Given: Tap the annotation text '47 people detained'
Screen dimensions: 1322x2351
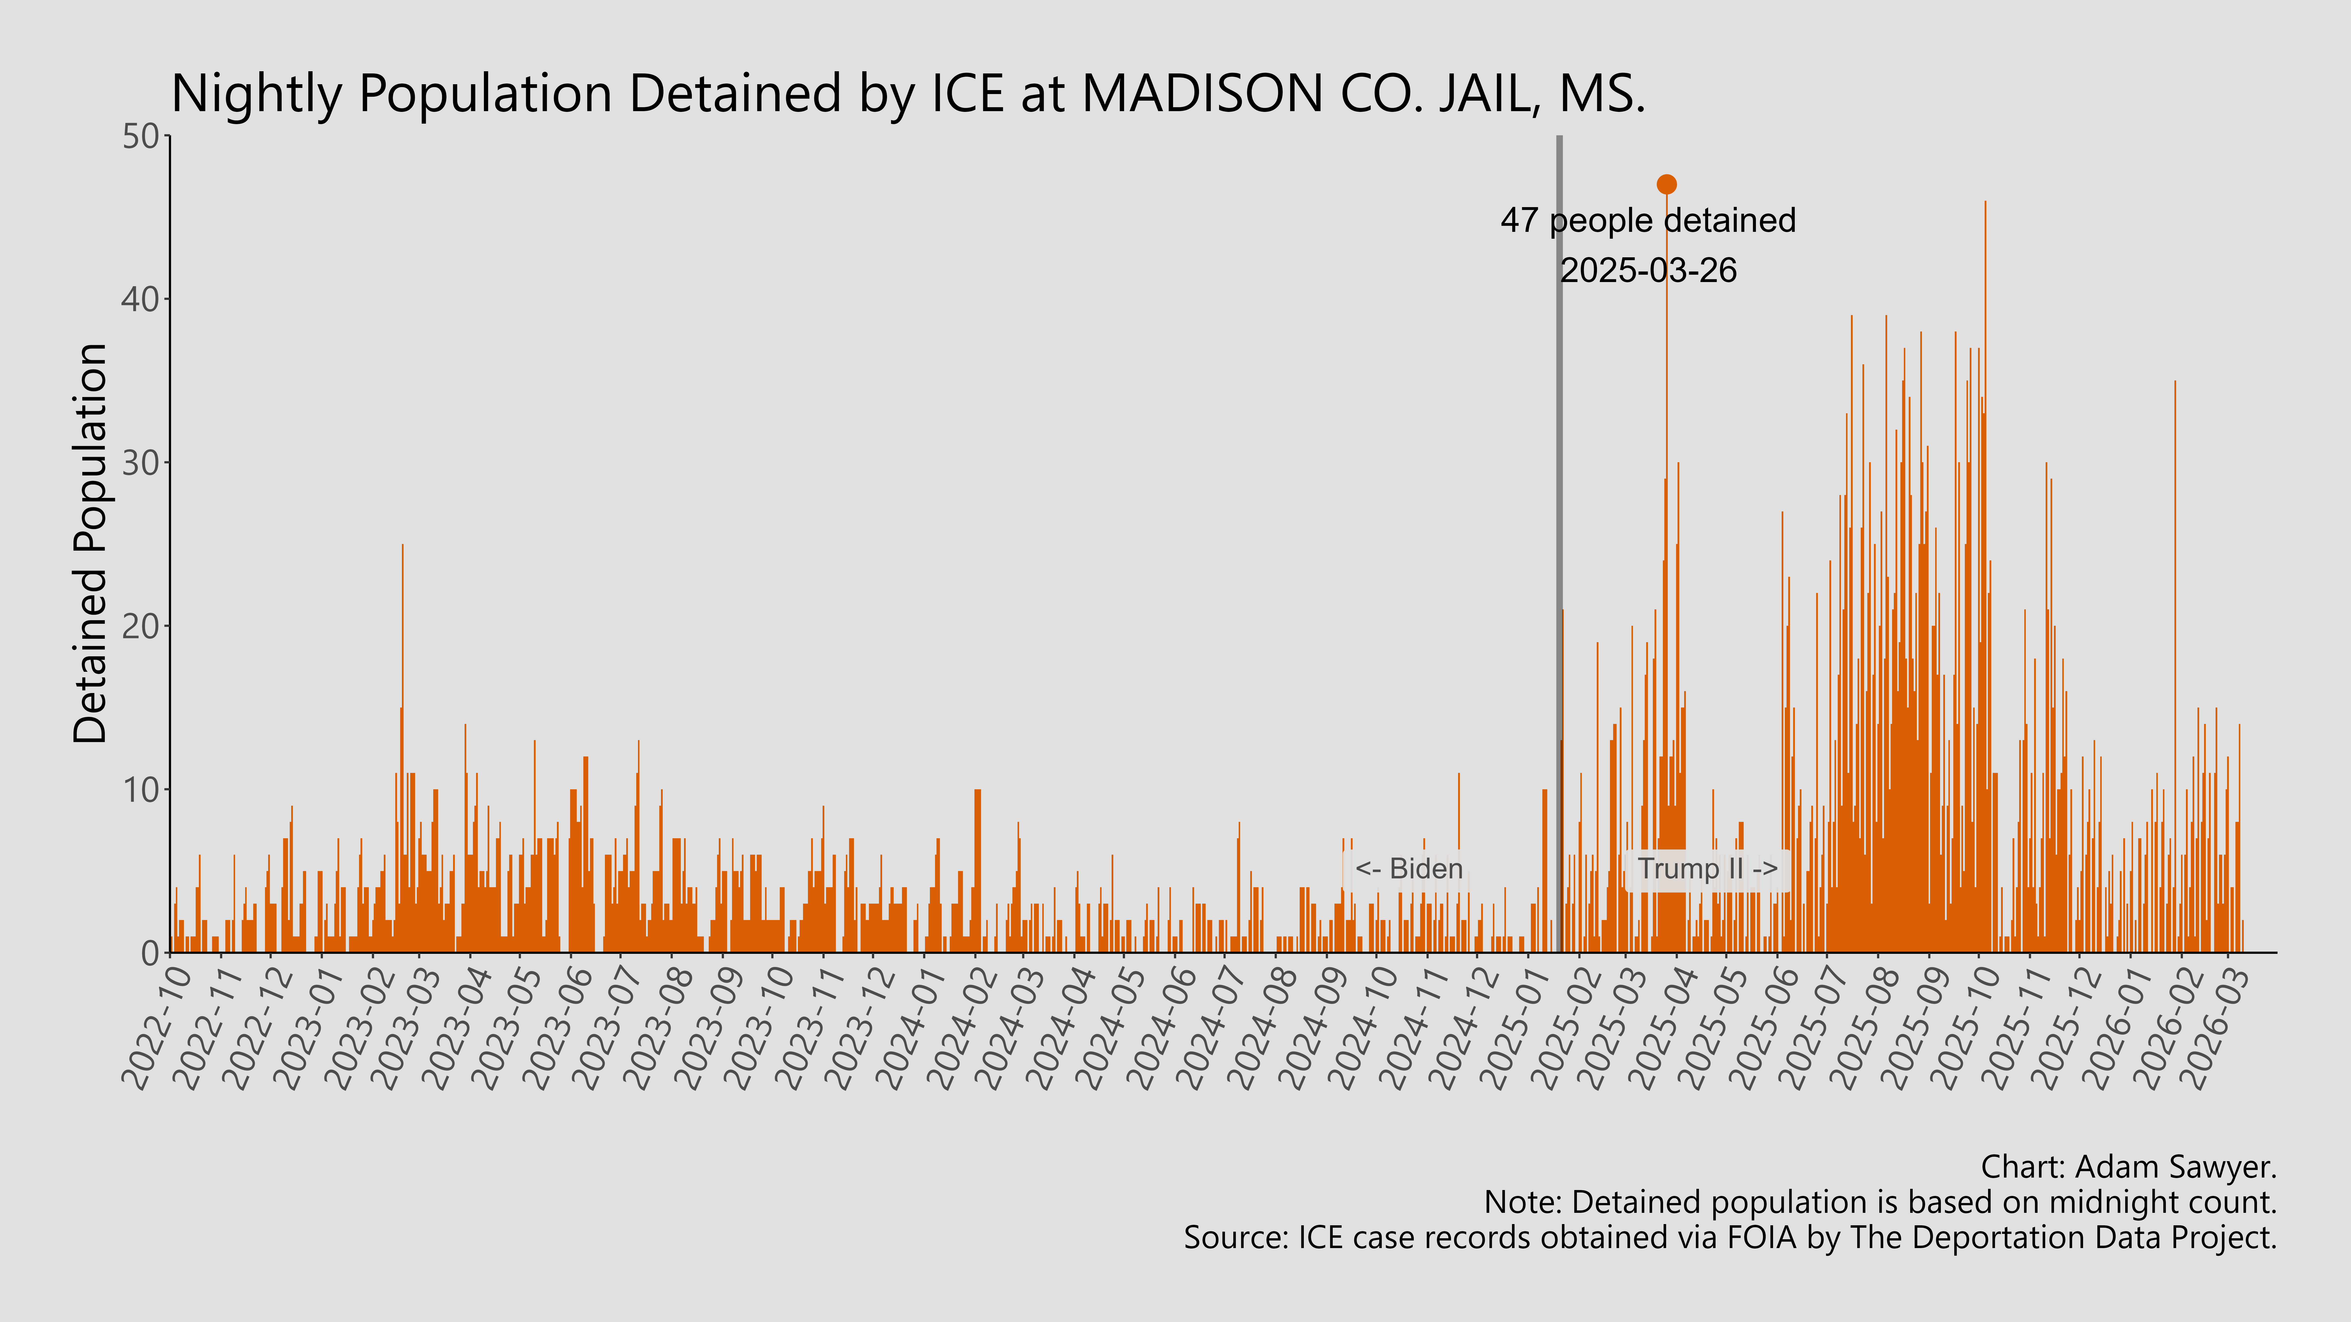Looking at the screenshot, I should tap(1647, 221).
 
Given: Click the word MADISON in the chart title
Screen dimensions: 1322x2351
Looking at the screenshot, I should tap(1202, 94).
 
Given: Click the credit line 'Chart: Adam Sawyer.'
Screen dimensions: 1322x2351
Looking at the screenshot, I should tap(2127, 1167).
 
